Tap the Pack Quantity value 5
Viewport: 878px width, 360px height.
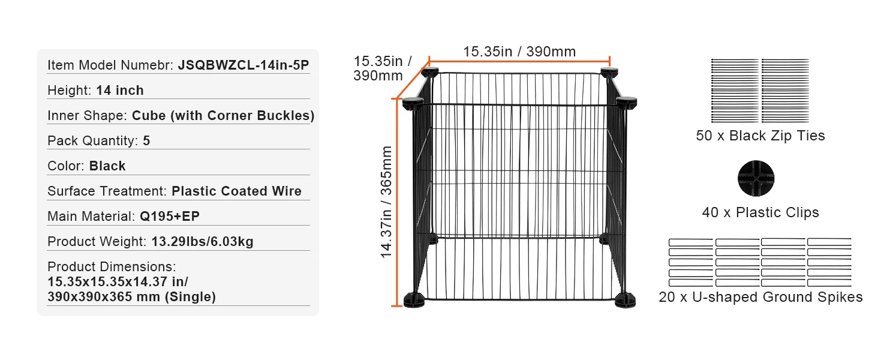click(146, 141)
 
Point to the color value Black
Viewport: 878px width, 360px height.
click(107, 166)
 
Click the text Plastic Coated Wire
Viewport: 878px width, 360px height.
click(236, 191)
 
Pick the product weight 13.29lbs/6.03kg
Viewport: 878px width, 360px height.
click(202, 242)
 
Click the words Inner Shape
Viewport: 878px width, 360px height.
click(86, 116)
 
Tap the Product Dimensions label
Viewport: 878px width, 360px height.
click(112, 266)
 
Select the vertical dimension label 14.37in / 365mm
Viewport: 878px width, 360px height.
click(387, 202)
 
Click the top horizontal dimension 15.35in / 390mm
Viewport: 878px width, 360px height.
click(519, 52)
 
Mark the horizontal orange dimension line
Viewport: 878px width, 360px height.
click(519, 61)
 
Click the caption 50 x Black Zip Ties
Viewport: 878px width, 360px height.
click(760, 136)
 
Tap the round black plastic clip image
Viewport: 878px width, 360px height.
click(756, 179)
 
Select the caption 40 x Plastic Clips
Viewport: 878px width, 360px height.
click(760, 213)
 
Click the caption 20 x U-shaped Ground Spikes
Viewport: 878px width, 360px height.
click(760, 298)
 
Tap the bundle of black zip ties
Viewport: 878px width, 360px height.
click(760, 91)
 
